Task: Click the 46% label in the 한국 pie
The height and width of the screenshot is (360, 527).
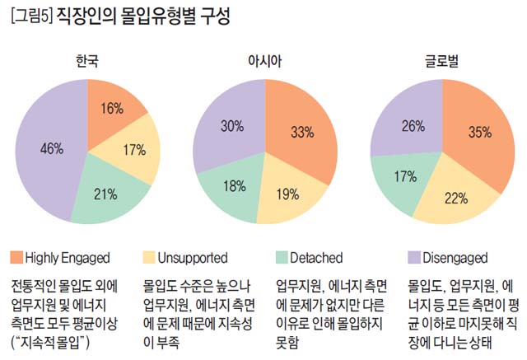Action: pos(51,149)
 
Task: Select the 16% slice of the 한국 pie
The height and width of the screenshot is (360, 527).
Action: pos(112,108)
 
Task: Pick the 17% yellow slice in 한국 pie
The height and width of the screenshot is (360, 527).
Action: pos(134,152)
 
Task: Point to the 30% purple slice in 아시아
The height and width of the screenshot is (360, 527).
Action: pos(230,126)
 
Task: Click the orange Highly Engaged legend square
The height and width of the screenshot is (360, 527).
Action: pos(17,258)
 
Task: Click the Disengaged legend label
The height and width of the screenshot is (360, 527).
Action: pos(460,258)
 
